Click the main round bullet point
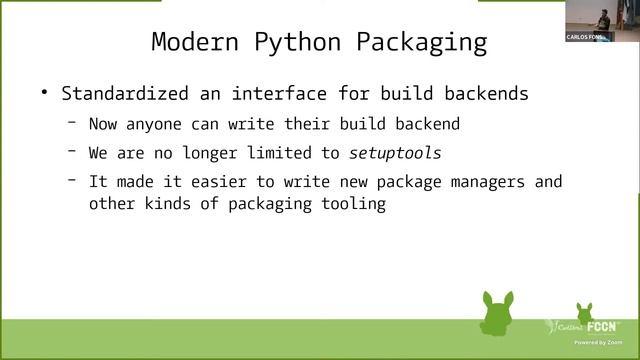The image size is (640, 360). pyautogui.click(x=44, y=93)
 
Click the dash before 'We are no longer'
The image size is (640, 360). pyautogui.click(x=73, y=152)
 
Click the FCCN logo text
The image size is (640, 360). pyautogui.click(x=601, y=326)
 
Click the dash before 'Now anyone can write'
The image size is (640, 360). pyautogui.click(x=73, y=124)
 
